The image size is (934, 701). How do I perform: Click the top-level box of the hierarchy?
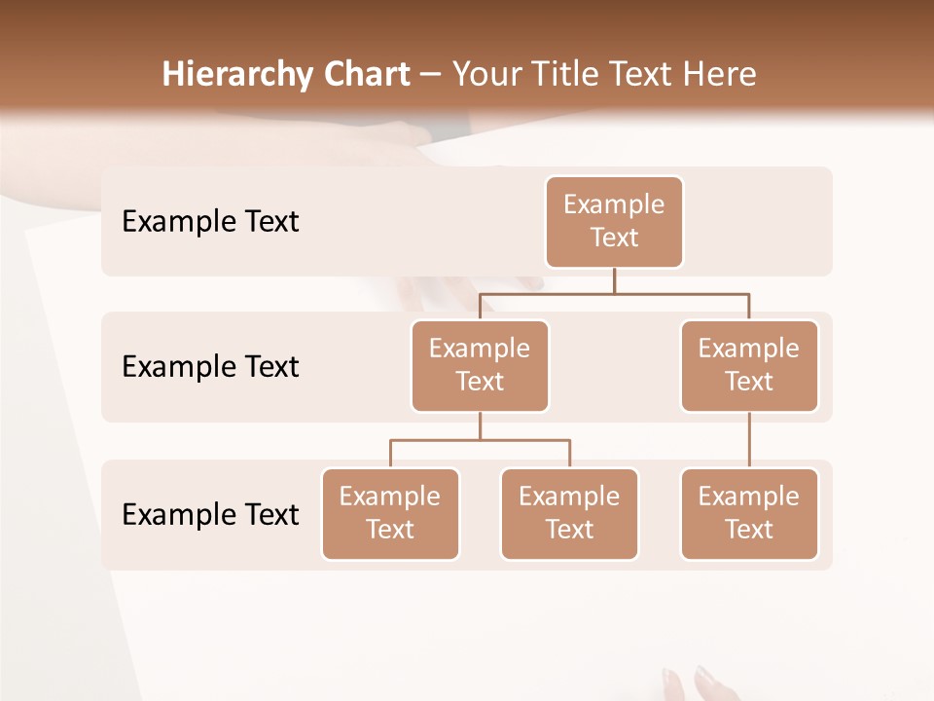pyautogui.click(x=614, y=221)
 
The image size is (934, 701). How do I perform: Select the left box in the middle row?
pyautogui.click(x=480, y=365)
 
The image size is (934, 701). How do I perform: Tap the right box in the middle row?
pyautogui.click(x=749, y=365)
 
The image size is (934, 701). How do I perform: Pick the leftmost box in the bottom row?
pyautogui.click(x=390, y=513)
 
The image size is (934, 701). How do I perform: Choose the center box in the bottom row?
pyautogui.click(x=569, y=513)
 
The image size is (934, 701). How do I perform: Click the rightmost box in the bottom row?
pyautogui.click(x=749, y=513)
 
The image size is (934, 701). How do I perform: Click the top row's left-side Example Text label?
pyautogui.click(x=210, y=222)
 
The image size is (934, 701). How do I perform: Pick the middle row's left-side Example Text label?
pyautogui.click(x=210, y=367)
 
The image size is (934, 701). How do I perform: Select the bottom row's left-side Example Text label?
pyautogui.click(x=210, y=514)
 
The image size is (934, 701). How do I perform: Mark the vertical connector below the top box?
pyautogui.click(x=614, y=280)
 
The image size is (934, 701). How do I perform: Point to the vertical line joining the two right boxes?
pyautogui.click(x=749, y=440)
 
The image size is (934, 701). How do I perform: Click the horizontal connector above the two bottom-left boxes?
pyautogui.click(x=480, y=440)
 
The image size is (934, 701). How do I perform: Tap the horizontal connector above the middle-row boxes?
pyautogui.click(x=614, y=292)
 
